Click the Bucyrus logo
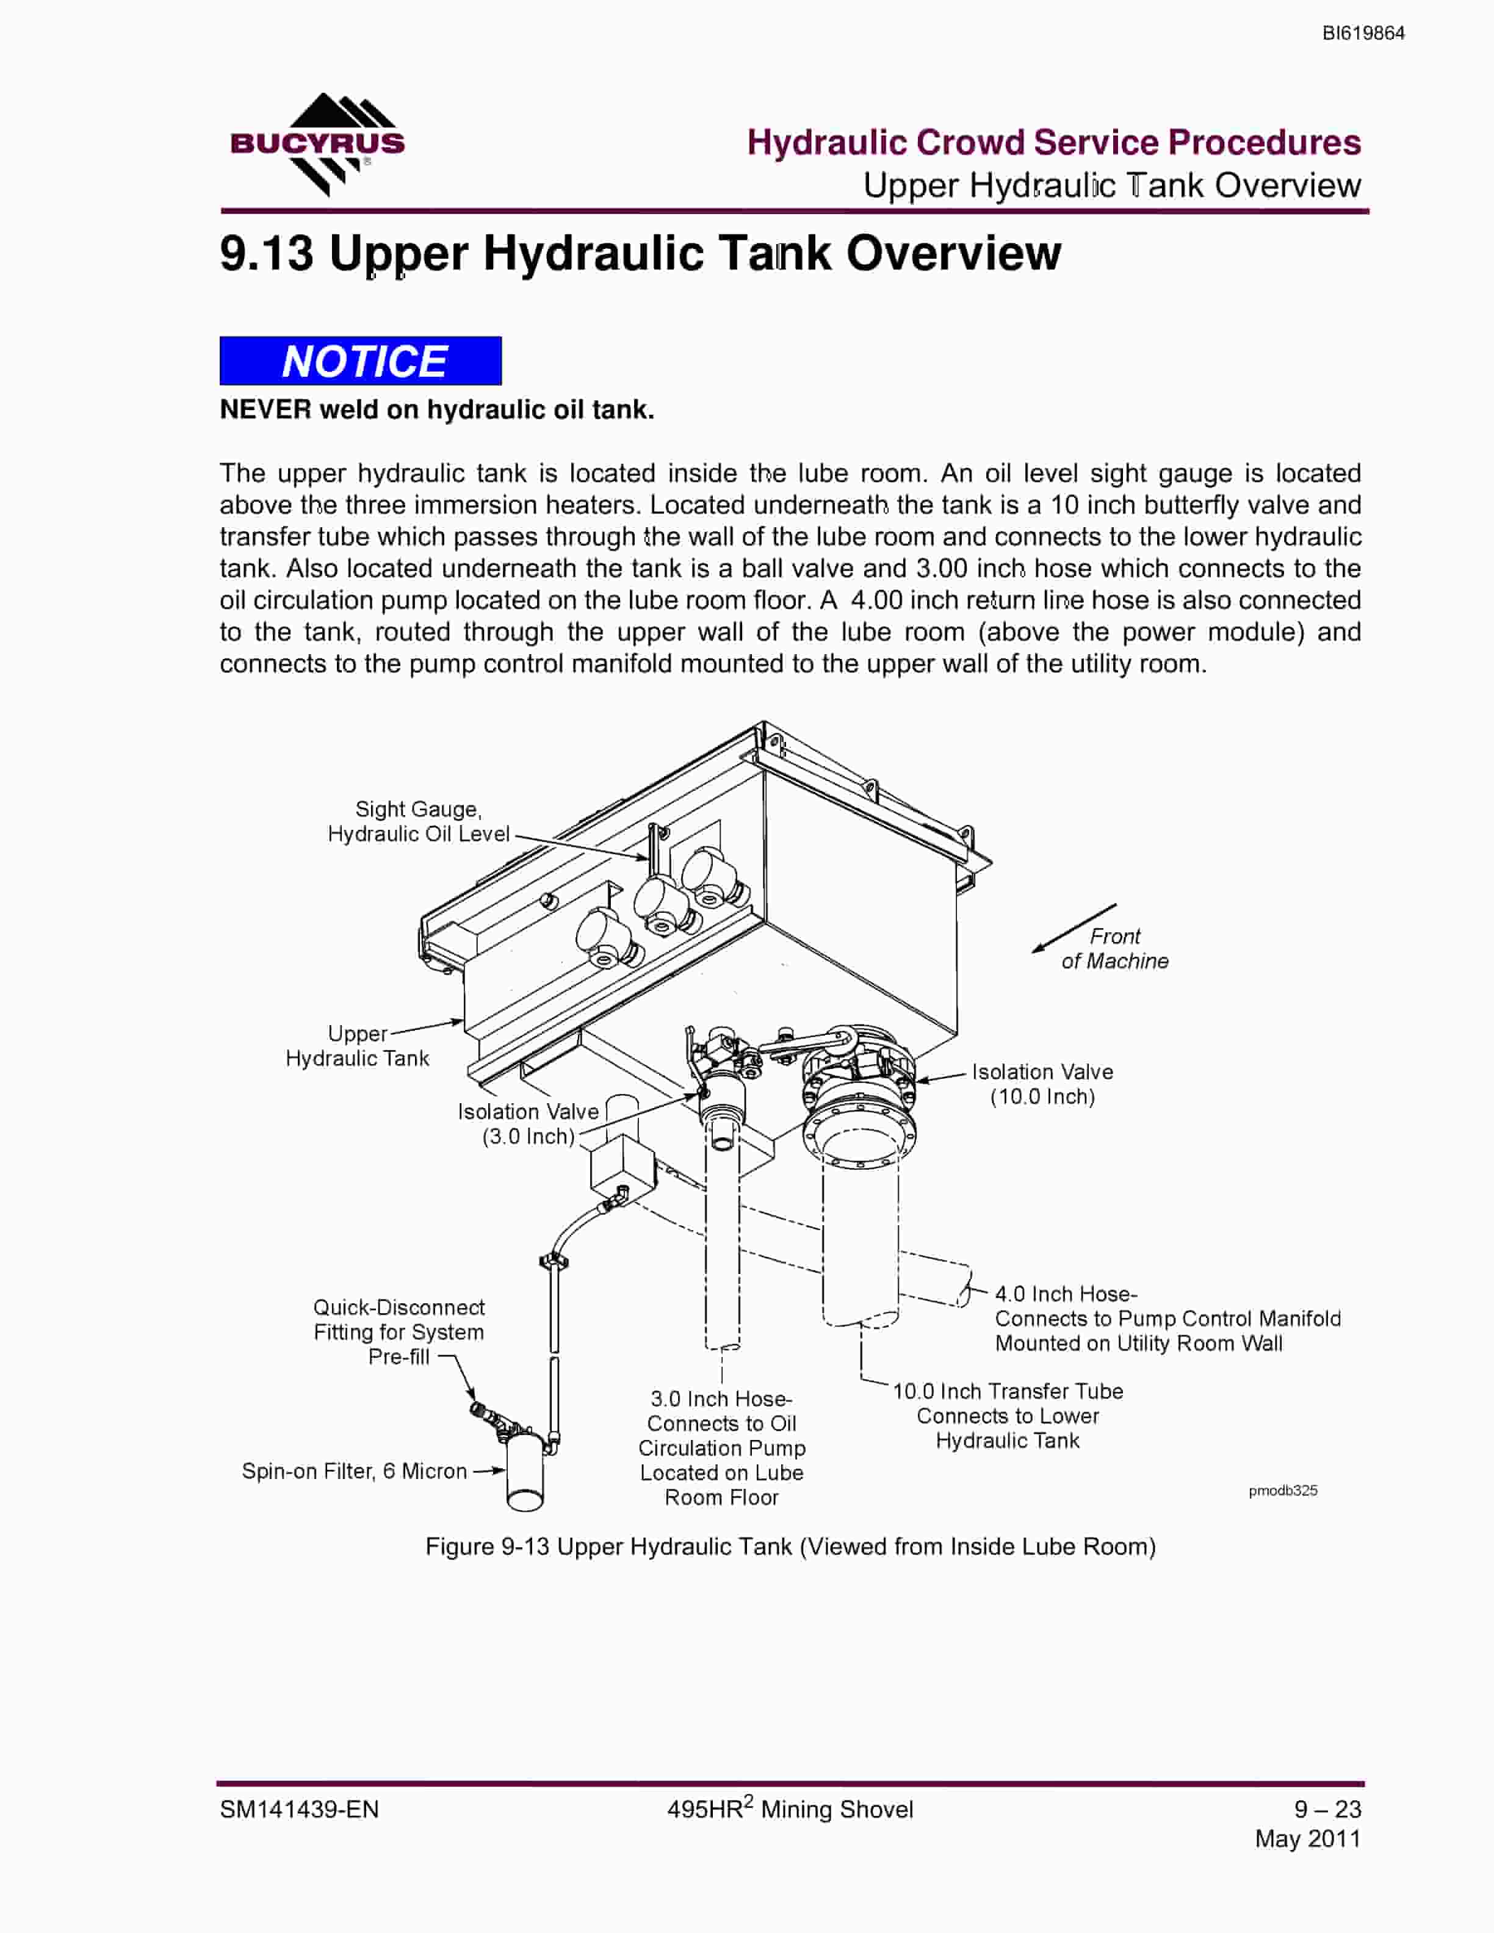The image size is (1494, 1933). tap(317, 144)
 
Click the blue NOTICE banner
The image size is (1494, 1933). tap(360, 361)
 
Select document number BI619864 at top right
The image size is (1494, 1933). tap(1363, 34)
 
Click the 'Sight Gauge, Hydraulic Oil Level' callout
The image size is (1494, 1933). tap(419, 821)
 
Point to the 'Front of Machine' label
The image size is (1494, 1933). tap(1114, 949)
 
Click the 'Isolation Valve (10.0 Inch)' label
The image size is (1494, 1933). tap(1042, 1084)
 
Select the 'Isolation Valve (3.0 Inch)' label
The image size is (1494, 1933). tap(529, 1124)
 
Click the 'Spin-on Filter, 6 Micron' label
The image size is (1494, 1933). tap(354, 1471)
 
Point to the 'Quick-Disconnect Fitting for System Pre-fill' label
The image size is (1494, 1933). tap(399, 1332)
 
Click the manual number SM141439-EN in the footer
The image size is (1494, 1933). tap(299, 1809)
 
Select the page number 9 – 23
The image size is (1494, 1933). tap(1327, 1809)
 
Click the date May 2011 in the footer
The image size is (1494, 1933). tap(1308, 1838)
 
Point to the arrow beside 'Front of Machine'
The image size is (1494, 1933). tap(1074, 929)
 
